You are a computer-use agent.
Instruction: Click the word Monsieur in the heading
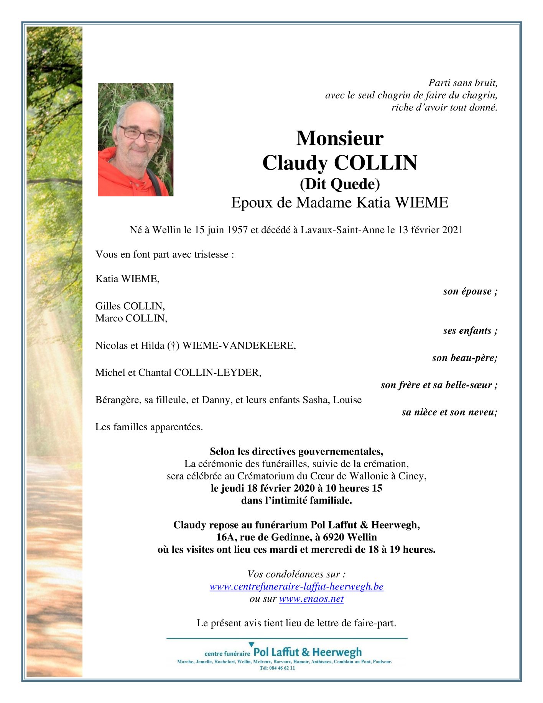[339, 138]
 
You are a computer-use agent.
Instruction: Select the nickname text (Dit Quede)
[339, 184]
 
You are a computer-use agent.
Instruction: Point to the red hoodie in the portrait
[115, 176]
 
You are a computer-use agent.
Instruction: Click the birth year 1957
[237, 230]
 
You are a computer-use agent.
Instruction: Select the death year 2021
[452, 230]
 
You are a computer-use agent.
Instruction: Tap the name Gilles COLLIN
[130, 306]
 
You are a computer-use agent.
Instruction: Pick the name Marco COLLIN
[131, 318]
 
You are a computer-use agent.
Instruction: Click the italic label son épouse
[470, 291]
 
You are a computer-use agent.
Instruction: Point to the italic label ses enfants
[470, 331]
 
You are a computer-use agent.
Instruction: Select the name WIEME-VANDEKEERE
[239, 346]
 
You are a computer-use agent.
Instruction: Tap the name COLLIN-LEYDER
[217, 372]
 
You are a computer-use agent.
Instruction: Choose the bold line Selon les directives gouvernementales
[296, 451]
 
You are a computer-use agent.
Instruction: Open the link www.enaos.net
[311, 599]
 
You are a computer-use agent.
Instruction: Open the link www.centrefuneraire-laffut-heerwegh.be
[296, 586]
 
